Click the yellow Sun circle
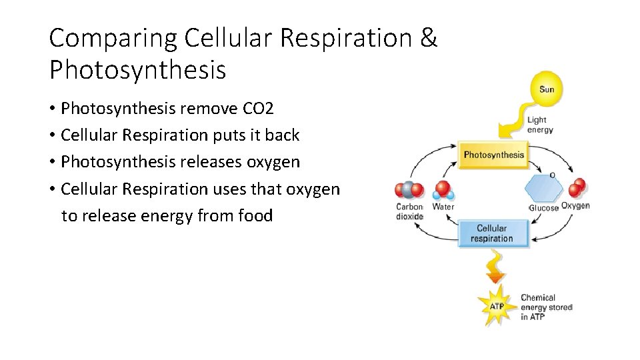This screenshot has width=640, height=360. click(546, 89)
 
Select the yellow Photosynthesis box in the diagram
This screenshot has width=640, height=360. click(493, 155)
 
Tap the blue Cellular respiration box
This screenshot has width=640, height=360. click(491, 233)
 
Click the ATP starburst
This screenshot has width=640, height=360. click(497, 307)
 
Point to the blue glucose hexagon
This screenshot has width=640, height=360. click(543, 189)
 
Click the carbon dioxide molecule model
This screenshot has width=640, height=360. click(409, 190)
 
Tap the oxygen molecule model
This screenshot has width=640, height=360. click(577, 188)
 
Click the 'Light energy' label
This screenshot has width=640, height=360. click(540, 125)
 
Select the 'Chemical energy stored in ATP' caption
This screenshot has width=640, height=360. click(546, 307)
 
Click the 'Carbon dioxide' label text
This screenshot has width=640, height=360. click(409, 211)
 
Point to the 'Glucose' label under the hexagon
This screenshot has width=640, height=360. click(543, 208)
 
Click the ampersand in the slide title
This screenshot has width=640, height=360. click(429, 39)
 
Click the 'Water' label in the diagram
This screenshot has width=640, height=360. click(443, 207)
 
